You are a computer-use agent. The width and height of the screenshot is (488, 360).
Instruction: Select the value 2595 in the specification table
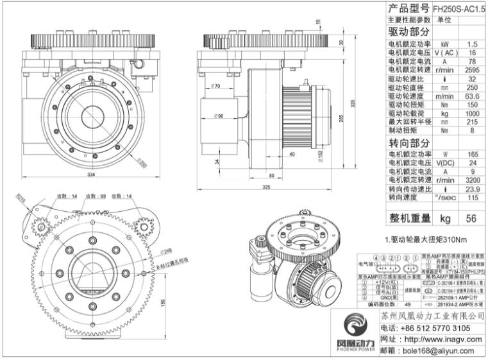[472, 71]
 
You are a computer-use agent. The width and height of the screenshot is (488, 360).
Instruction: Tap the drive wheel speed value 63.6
[472, 96]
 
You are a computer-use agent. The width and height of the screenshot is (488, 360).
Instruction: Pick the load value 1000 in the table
[472, 113]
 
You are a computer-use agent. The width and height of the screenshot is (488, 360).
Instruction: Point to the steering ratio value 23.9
[472, 189]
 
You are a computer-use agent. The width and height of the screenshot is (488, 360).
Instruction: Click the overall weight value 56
[472, 218]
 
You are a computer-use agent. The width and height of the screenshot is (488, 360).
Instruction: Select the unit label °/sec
[444, 198]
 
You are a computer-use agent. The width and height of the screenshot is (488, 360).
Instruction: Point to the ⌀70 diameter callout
[215, 85]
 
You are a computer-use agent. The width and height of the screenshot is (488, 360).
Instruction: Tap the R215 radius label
[21, 199]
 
